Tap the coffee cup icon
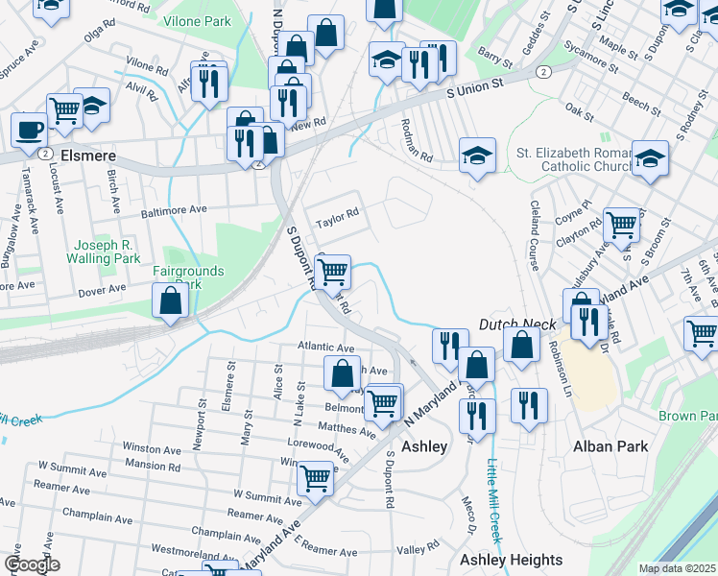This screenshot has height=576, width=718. (29, 129)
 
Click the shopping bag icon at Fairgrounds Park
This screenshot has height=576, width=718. (170, 300)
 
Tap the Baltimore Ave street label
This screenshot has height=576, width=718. (174, 208)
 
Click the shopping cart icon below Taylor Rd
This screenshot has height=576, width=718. (332, 271)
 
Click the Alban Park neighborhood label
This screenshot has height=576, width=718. (610, 446)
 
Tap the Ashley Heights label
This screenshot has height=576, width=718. (511, 560)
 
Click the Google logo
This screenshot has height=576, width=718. (31, 564)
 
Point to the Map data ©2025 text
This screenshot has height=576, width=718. (677, 568)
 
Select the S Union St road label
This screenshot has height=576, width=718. (476, 88)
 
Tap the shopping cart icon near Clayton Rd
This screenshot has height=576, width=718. (622, 225)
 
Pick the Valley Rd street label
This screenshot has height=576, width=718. (419, 549)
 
